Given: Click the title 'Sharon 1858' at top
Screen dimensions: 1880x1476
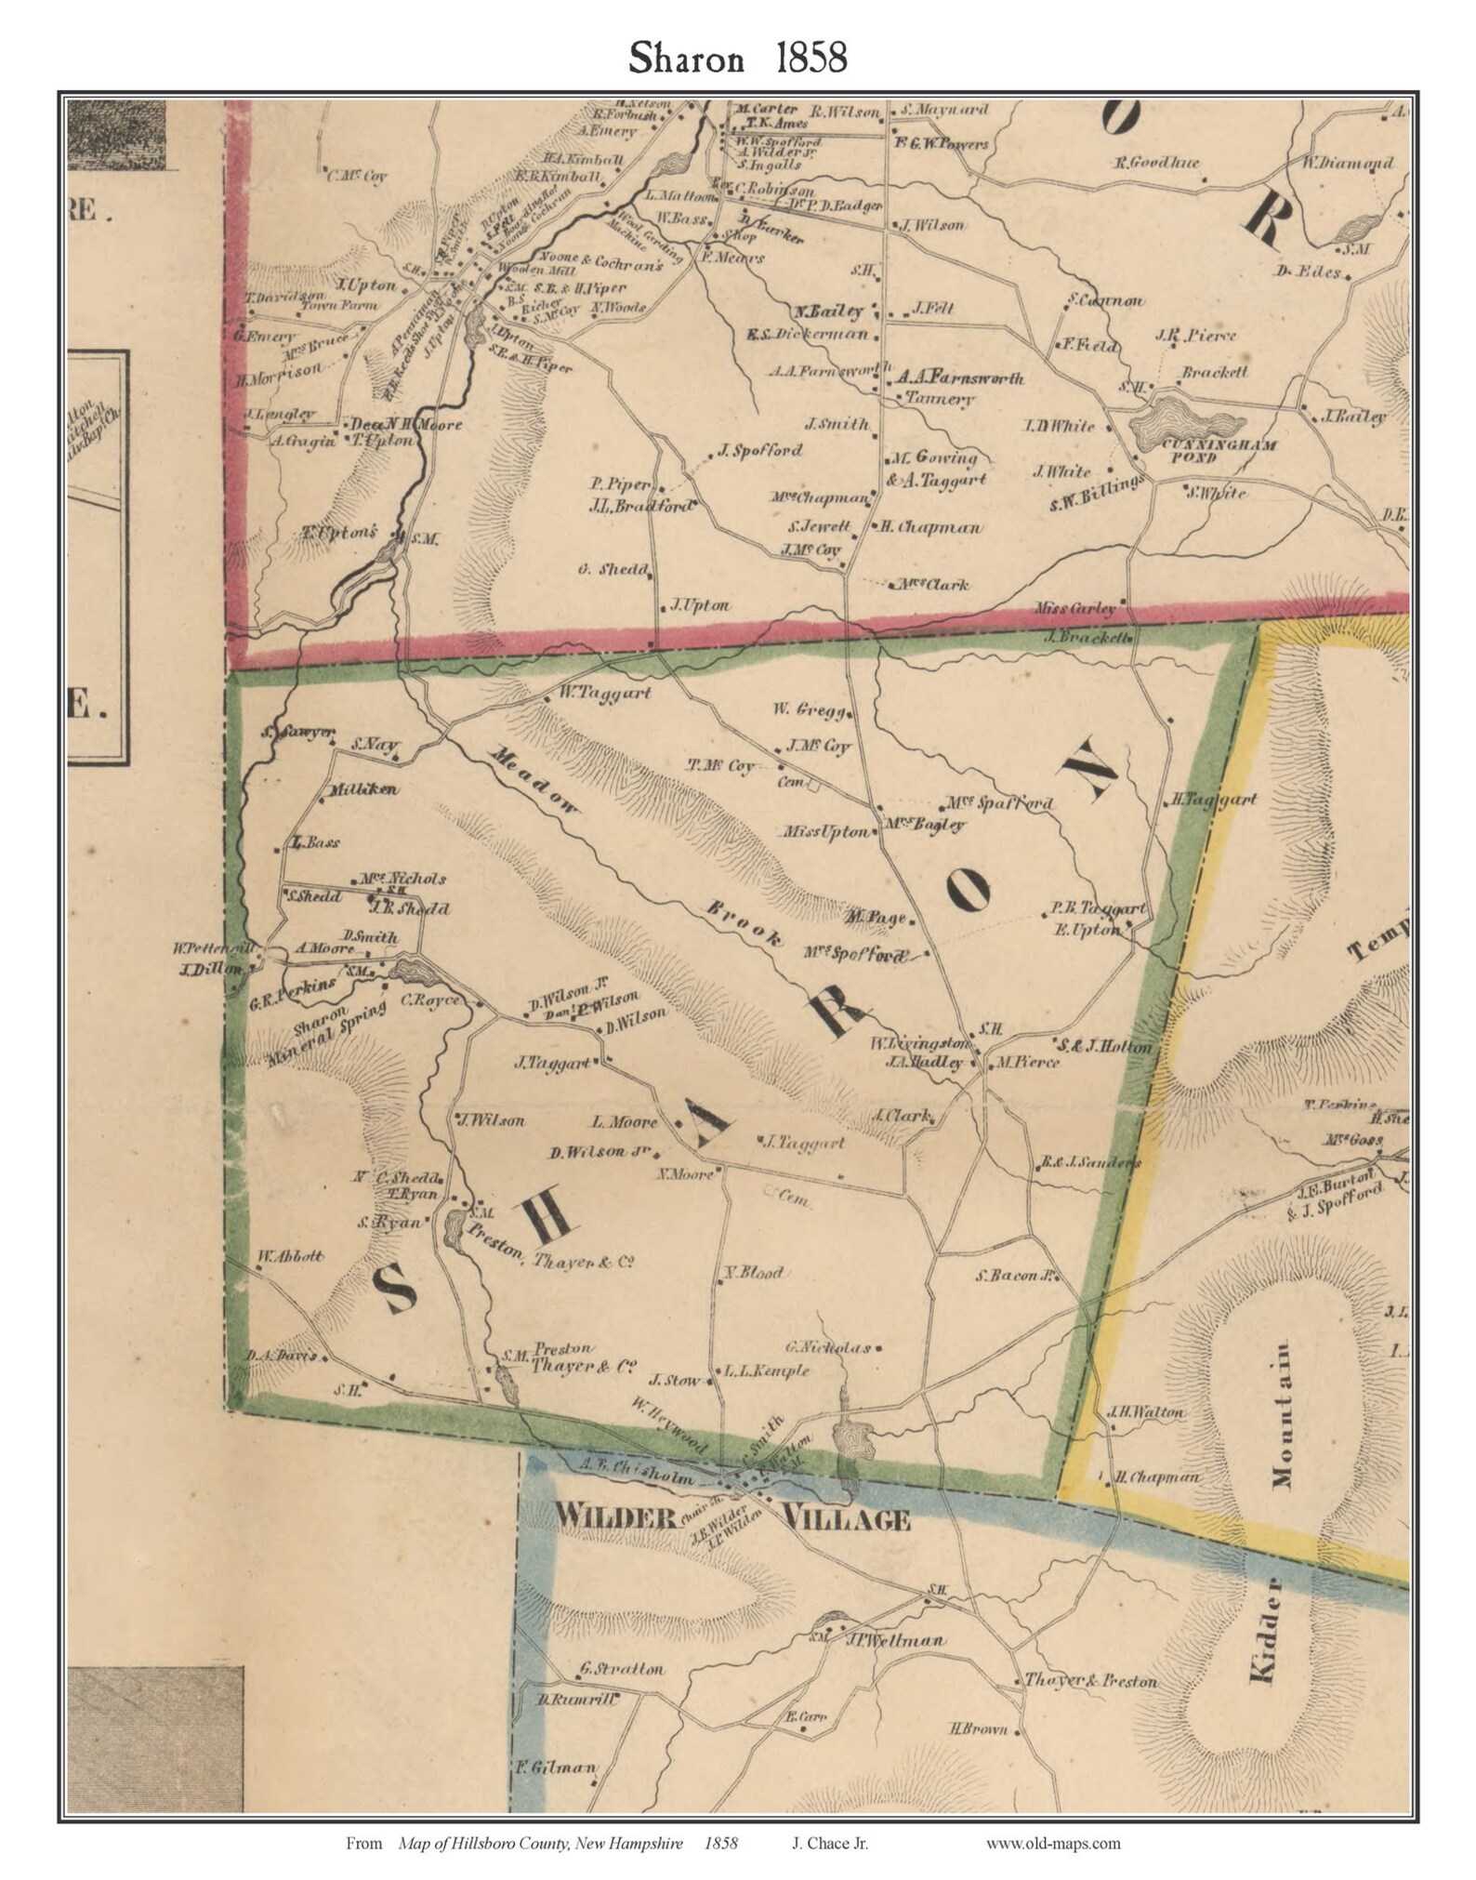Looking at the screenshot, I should coord(737,59).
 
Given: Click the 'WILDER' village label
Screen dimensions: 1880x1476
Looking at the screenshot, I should coord(614,1517).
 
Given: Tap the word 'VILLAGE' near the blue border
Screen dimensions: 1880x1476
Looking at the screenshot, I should coord(847,1519).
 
